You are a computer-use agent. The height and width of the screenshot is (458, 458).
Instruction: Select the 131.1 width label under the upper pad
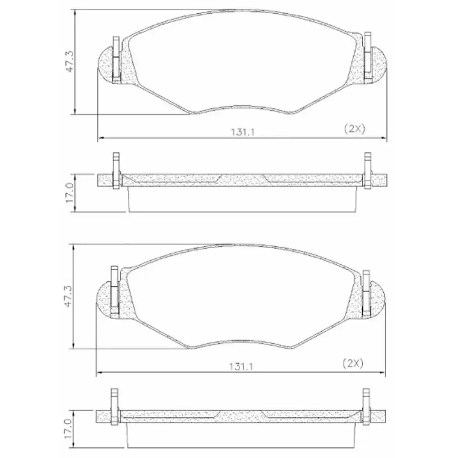(243, 132)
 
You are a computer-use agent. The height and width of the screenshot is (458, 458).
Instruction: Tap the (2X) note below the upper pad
(354, 129)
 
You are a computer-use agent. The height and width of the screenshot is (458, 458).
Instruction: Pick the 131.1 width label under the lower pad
(242, 367)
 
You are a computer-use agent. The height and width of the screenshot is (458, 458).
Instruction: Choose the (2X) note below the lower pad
(353, 364)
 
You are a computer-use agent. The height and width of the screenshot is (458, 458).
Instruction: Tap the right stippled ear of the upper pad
(378, 64)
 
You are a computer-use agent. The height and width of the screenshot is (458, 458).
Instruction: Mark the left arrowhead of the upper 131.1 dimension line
(101, 137)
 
